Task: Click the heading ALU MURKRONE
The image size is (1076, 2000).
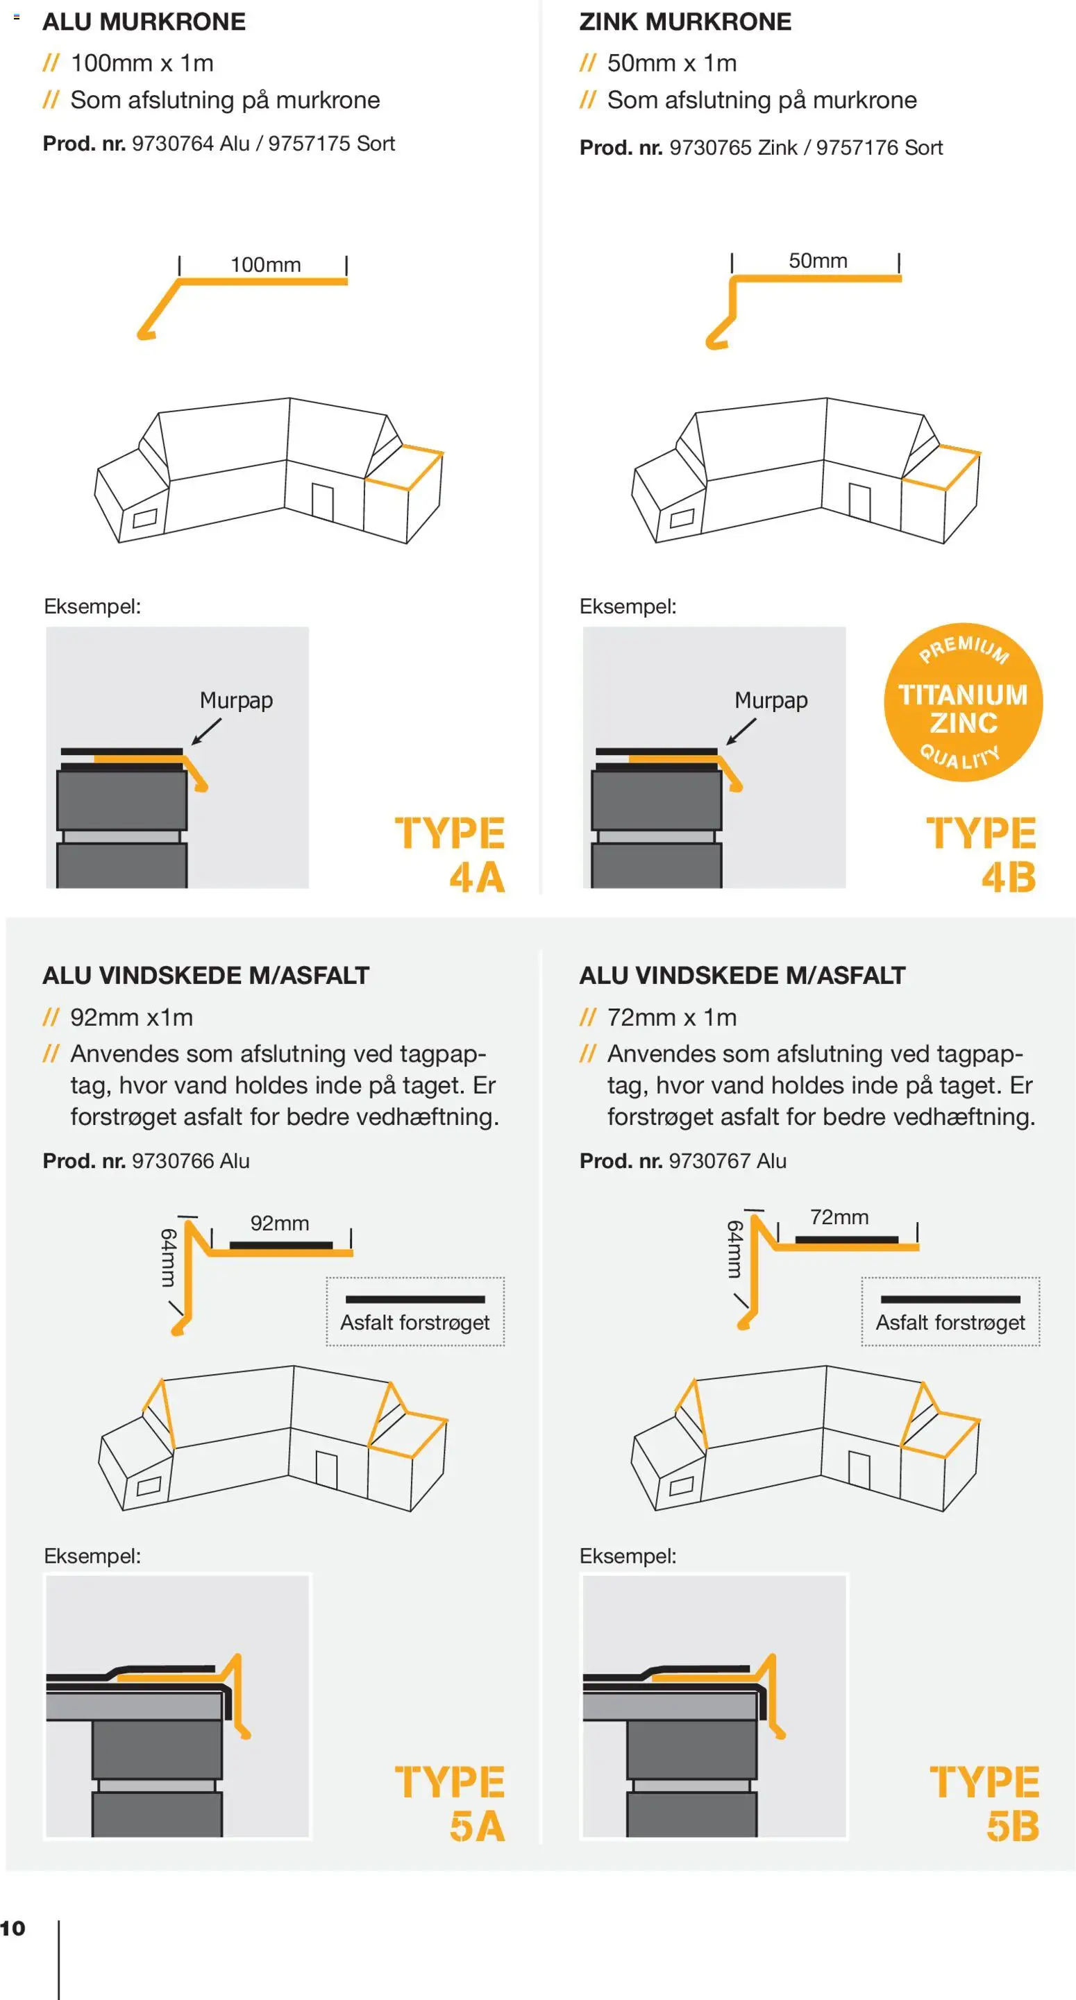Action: [144, 22]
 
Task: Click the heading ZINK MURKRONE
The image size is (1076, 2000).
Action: [685, 22]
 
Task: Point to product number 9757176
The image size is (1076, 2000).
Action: [857, 148]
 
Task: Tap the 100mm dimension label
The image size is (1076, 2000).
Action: [266, 265]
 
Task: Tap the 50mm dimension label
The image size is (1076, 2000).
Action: [818, 261]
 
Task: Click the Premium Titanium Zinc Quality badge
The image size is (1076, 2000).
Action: [964, 702]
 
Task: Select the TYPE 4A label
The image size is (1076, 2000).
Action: [451, 855]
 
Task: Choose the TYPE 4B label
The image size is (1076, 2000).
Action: [981, 855]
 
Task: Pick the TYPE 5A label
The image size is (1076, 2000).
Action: [451, 1803]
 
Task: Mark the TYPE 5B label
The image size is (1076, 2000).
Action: [984, 1803]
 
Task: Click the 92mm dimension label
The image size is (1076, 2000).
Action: [280, 1223]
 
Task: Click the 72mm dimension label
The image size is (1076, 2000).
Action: [839, 1217]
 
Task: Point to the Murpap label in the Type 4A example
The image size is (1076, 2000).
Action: [236, 700]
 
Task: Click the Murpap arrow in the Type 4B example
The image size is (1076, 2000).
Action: [741, 731]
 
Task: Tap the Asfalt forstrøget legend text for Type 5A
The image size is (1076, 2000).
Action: [415, 1322]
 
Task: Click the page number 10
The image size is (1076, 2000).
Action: [12, 1928]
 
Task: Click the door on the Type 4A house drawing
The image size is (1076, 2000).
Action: [322, 502]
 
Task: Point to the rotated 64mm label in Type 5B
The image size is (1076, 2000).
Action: [735, 1249]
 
